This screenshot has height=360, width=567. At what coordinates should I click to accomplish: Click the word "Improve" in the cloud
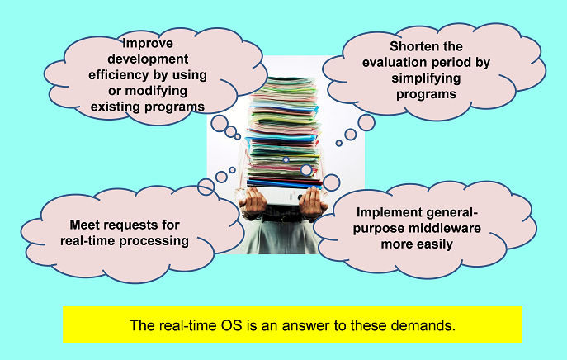click(148, 44)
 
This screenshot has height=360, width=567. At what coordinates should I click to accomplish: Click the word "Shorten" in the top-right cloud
click(412, 46)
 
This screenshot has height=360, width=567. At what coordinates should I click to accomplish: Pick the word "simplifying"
click(426, 78)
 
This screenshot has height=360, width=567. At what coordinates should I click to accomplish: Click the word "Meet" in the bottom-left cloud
click(83, 225)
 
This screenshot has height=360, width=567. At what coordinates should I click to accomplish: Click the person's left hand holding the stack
click(313, 205)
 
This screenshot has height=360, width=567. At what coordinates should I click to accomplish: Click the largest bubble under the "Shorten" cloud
click(366, 123)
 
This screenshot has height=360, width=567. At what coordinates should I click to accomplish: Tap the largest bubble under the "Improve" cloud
click(220, 123)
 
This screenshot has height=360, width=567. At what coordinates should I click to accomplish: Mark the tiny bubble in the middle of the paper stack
click(286, 159)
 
